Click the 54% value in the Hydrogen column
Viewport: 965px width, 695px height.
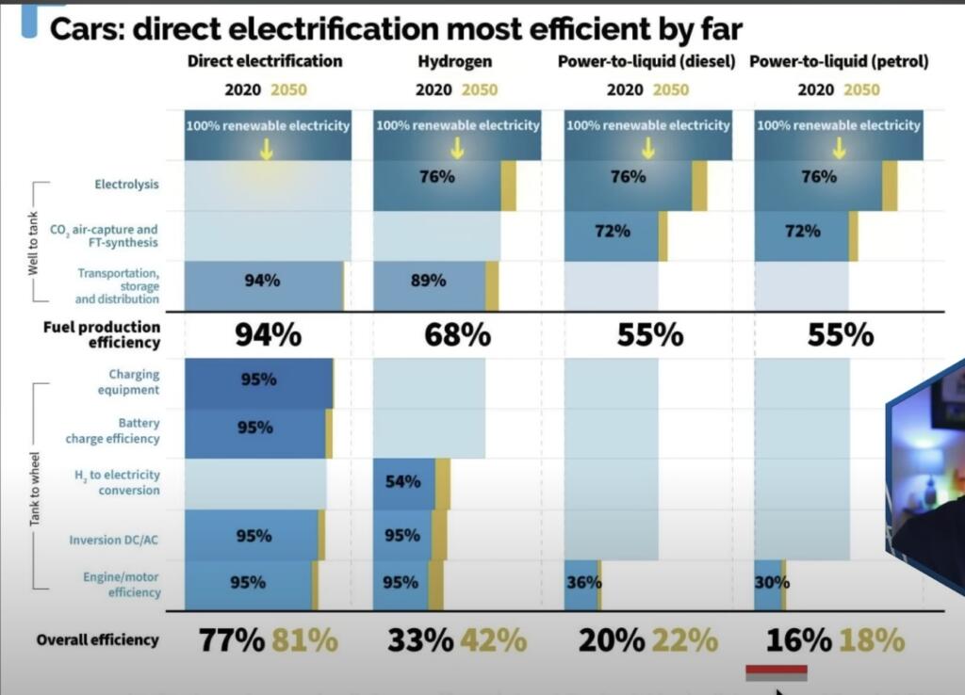click(x=402, y=482)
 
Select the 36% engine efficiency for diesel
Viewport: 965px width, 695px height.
click(x=582, y=582)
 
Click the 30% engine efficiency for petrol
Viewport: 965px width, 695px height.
click(x=771, y=582)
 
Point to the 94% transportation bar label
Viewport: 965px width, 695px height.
click(x=262, y=280)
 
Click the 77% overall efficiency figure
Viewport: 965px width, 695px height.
click(x=232, y=640)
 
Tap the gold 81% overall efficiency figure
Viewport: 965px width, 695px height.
click(x=304, y=640)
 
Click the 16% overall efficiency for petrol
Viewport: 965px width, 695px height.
click(x=798, y=640)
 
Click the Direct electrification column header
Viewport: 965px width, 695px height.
click(x=265, y=61)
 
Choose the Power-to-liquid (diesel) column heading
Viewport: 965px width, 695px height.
click(x=646, y=61)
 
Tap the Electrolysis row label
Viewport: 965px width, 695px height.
click(x=126, y=185)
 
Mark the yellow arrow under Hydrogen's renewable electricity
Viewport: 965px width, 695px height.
click(x=457, y=148)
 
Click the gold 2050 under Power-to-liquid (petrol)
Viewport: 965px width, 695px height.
click(x=861, y=90)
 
